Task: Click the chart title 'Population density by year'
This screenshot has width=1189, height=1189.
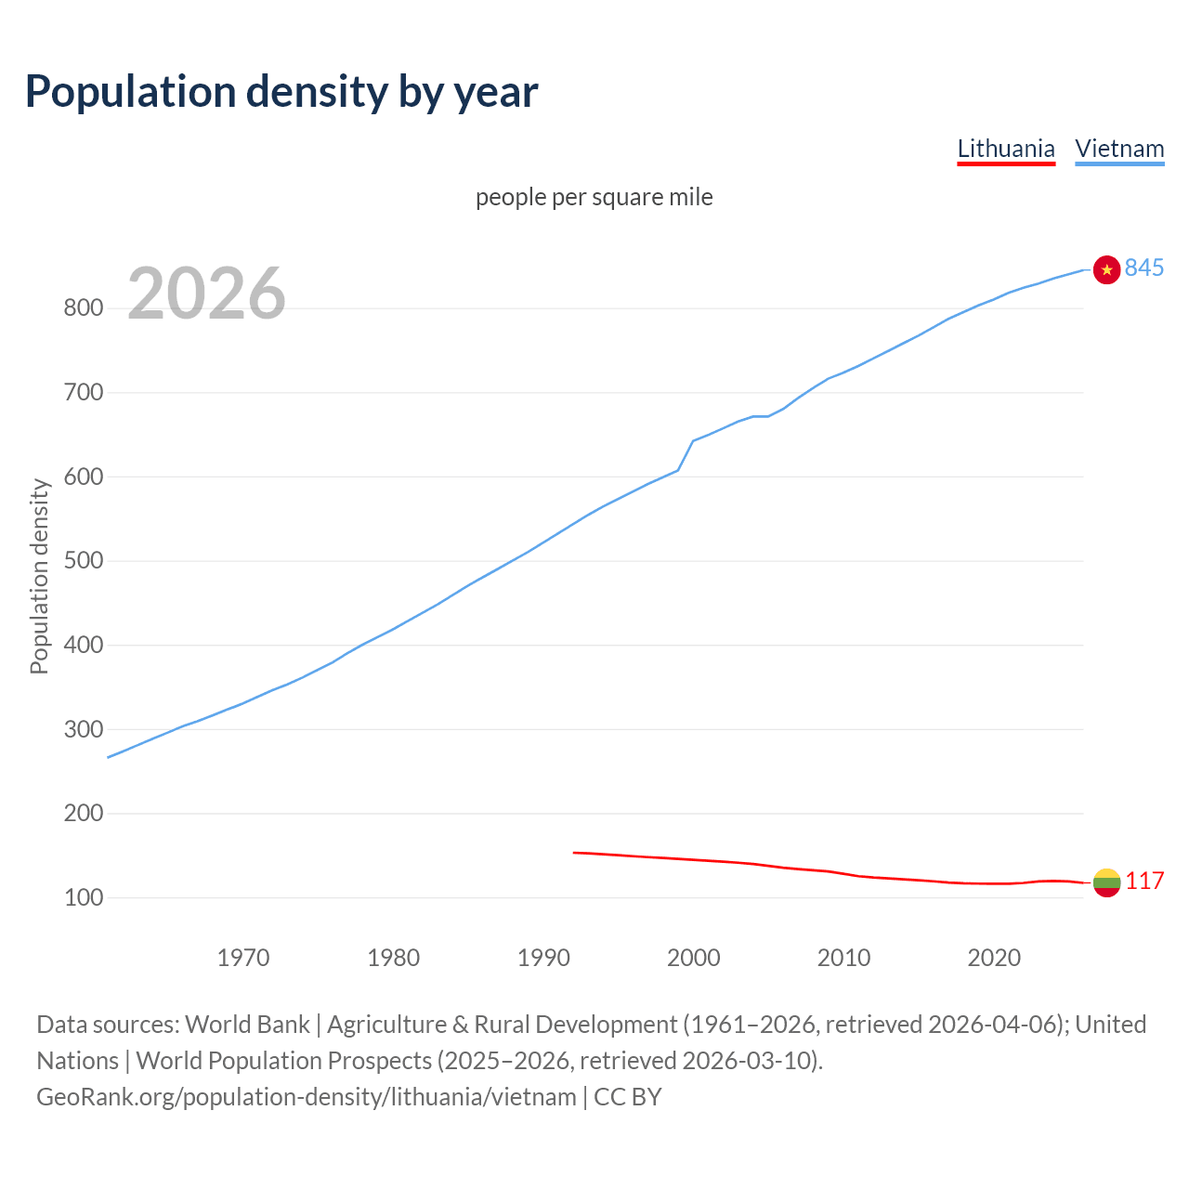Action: pyautogui.click(x=281, y=92)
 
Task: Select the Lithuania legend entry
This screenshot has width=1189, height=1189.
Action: pyautogui.click(x=1006, y=149)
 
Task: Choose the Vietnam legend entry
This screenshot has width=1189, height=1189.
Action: pyautogui.click(x=1119, y=149)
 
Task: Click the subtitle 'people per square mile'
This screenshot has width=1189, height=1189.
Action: pyautogui.click(x=594, y=197)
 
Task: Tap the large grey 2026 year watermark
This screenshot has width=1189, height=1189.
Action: pyautogui.click(x=206, y=294)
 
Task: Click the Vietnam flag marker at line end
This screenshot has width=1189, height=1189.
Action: pyautogui.click(x=1106, y=269)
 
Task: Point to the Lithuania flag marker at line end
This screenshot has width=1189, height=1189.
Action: pyautogui.click(x=1106, y=882)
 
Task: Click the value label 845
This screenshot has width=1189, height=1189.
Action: pyautogui.click(x=1143, y=268)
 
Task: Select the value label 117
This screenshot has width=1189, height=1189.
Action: pyautogui.click(x=1144, y=881)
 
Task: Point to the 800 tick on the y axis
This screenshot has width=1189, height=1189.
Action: pyautogui.click(x=84, y=308)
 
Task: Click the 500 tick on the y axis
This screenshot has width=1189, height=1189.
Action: pyautogui.click(x=84, y=561)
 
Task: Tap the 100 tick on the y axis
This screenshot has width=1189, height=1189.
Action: pyautogui.click(x=84, y=897)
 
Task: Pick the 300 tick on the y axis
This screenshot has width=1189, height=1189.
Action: pyautogui.click(x=84, y=729)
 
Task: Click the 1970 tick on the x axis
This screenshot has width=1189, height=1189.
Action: pyautogui.click(x=243, y=957)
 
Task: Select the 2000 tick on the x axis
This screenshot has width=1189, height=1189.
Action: pyautogui.click(x=693, y=957)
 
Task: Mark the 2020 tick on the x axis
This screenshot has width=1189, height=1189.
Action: pyautogui.click(x=994, y=957)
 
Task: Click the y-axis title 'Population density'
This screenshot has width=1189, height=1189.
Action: pyautogui.click(x=39, y=576)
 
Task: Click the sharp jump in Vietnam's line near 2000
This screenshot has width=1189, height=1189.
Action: pyautogui.click(x=686, y=455)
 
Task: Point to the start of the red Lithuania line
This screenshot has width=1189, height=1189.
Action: pyautogui.click(x=575, y=852)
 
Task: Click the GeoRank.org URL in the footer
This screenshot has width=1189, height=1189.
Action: pyautogui.click(x=307, y=1097)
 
